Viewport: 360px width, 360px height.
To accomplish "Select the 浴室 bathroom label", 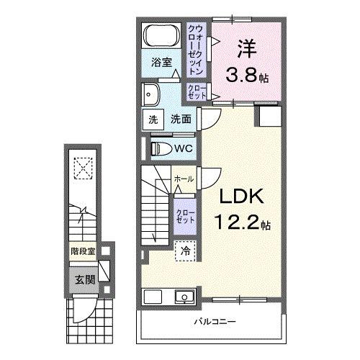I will [x=162, y=63].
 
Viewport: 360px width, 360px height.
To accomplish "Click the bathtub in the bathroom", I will [x=161, y=34].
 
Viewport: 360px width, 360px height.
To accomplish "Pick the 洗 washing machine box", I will [x=153, y=120].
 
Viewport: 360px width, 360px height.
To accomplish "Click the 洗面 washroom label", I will [x=180, y=120].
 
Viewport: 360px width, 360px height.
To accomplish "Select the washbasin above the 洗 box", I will [x=153, y=94].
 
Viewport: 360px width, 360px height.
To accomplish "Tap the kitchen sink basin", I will [x=184, y=297].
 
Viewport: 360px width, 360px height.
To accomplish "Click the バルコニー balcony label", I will [x=215, y=321].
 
